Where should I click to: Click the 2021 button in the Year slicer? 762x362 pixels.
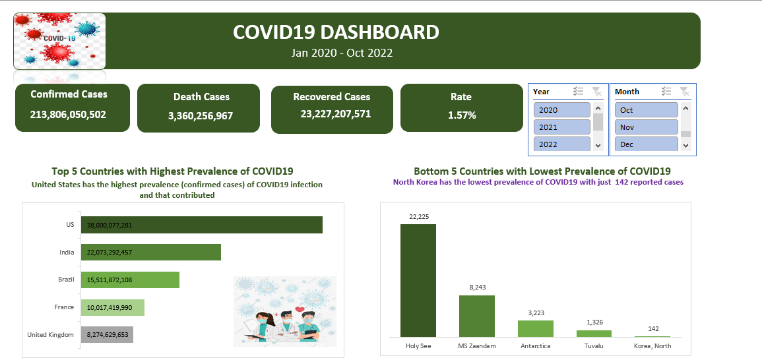pos(561,127)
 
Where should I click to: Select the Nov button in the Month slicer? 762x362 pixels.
pos(646,127)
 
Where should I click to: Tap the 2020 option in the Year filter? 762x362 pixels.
pos(561,110)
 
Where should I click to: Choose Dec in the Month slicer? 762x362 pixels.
pos(646,144)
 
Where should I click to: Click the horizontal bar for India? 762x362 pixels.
pos(150,252)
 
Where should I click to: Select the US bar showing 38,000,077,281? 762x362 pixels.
pos(201,225)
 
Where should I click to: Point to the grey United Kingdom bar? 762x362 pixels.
pos(107,334)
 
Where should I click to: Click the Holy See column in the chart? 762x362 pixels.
pos(418,281)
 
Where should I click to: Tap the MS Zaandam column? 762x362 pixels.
pos(477,316)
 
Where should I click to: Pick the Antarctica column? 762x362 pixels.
pos(535,329)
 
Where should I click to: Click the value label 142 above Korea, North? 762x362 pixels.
pos(653,328)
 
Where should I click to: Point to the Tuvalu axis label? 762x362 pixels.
pos(594,346)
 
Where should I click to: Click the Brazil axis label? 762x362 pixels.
pos(66,280)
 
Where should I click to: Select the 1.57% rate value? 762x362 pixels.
pos(461,115)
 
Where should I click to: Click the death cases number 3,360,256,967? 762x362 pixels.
pos(201,116)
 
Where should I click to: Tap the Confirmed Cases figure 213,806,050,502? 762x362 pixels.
pos(68,114)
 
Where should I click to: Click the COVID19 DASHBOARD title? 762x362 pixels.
pos(336,32)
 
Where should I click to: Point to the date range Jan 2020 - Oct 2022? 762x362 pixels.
pos(342,53)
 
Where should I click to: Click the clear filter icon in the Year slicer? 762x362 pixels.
pos(596,92)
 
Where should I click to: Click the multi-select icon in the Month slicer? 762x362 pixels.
pos(666,92)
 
